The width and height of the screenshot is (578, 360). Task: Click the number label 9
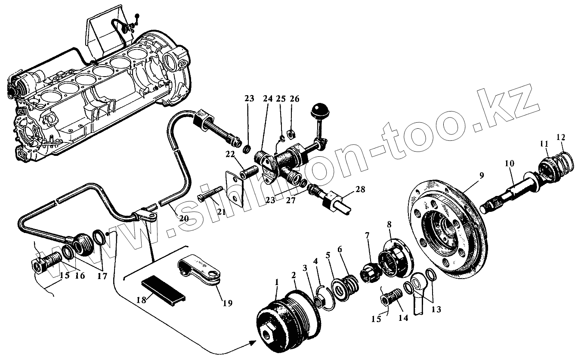pos(481,175)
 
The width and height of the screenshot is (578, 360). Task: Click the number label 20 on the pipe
pos(184,218)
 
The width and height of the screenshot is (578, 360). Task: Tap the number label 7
pos(367,235)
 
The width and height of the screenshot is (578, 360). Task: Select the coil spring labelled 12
pos(564,162)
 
